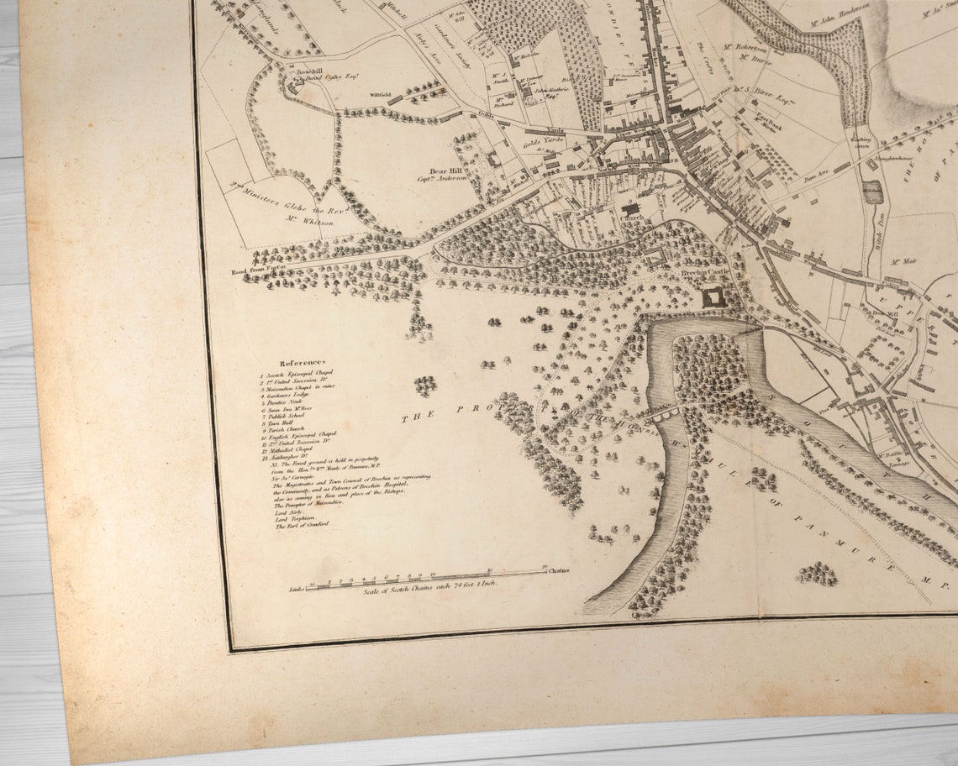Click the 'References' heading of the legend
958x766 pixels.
(302, 362)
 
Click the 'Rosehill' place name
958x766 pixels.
(309, 72)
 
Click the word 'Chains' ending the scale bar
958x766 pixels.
(558, 571)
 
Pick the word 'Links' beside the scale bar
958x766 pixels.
(297, 590)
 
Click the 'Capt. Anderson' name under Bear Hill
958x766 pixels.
(444, 179)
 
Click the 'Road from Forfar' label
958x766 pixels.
(260, 272)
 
